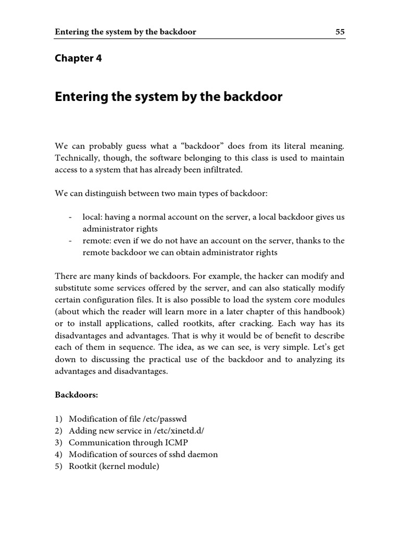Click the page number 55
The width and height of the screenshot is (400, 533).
(340, 32)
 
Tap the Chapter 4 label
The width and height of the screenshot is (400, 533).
(78, 58)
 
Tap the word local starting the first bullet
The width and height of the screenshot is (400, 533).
(91, 217)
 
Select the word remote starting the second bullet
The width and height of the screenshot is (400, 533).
(95, 241)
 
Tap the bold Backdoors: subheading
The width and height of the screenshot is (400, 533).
(76, 395)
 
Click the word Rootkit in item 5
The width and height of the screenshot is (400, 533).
(83, 467)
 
